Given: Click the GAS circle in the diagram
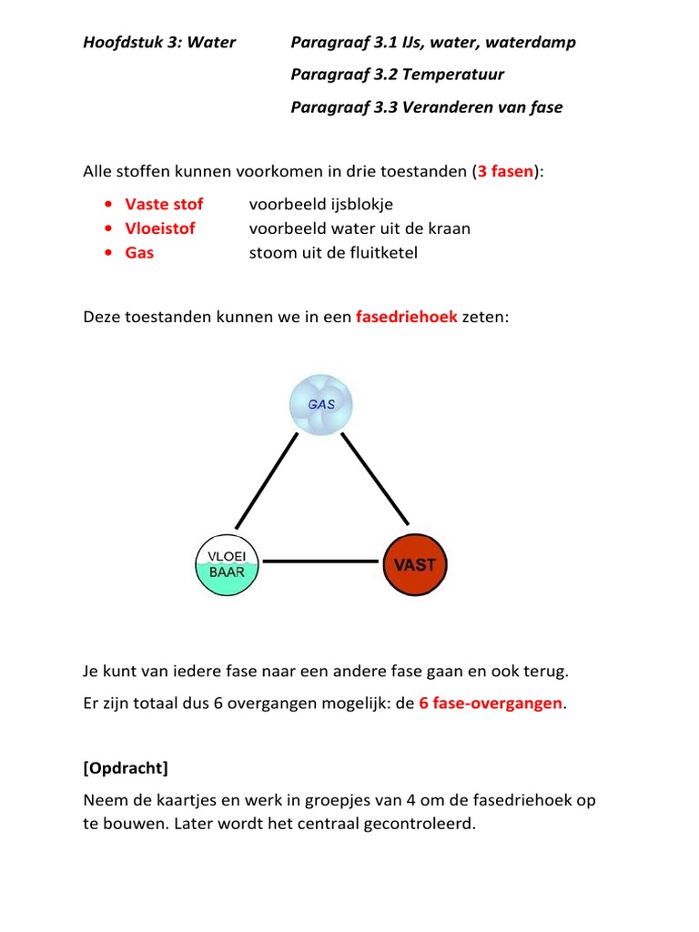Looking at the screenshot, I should (x=319, y=405).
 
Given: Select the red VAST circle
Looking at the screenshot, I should (x=414, y=564).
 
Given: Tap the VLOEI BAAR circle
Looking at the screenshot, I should (x=228, y=564).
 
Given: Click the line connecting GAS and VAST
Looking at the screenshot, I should (x=373, y=481).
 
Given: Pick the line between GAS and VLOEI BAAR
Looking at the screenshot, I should (x=267, y=481).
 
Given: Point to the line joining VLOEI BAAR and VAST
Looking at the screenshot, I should (x=320, y=562).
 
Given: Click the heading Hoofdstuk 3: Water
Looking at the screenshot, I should (x=159, y=42).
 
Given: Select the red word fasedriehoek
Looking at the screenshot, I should (x=406, y=317).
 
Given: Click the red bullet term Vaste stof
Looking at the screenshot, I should (x=164, y=204).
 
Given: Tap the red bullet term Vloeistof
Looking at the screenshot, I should (x=160, y=228).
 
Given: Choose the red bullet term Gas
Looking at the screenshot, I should (x=139, y=253).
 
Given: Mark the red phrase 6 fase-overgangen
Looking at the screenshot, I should (x=490, y=704).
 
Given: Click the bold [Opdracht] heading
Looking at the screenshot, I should (x=126, y=768).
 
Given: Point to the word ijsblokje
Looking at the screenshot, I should (x=361, y=204).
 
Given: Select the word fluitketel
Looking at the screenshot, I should (x=383, y=253).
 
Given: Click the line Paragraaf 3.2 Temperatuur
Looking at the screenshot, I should (x=397, y=75).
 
